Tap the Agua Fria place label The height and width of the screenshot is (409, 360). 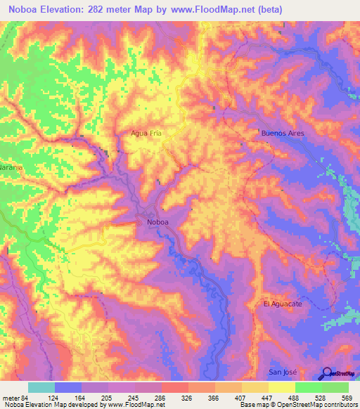[146, 132]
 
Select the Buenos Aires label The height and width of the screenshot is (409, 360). [281, 132]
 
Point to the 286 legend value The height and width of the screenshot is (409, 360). [161, 397]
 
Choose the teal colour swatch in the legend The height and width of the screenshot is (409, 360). [41, 387]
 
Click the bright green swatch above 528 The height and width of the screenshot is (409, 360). [309, 387]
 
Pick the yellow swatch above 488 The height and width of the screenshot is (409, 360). [282, 387]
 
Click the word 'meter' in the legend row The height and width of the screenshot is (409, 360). [10, 397]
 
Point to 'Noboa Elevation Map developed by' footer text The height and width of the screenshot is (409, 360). [53, 405]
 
